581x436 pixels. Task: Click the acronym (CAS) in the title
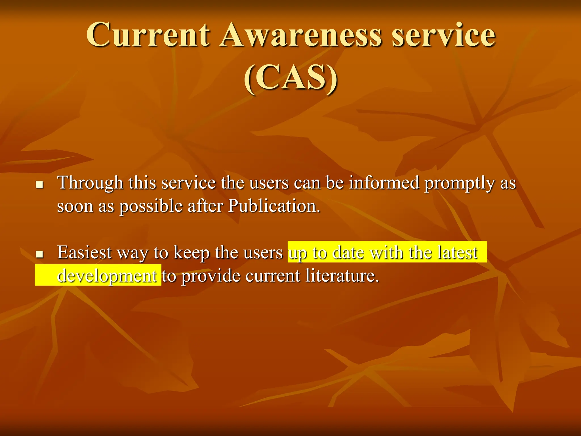(291, 78)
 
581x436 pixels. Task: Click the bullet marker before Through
(39, 185)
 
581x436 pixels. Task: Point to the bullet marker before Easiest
(39, 254)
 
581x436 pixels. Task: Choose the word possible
(151, 206)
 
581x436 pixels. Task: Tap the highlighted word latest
(457, 252)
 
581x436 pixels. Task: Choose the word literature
(342, 276)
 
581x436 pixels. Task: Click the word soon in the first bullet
(75, 206)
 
